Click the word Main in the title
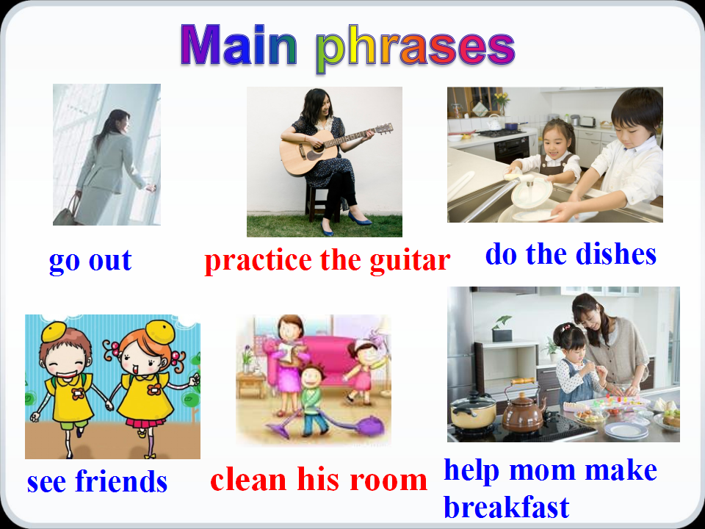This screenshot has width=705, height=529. tap(238, 45)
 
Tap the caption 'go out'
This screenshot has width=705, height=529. tap(90, 261)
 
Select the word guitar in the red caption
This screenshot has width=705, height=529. tap(410, 261)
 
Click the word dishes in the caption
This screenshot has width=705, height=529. tap(616, 255)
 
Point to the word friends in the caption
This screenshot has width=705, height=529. tap(121, 481)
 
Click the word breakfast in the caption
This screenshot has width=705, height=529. tap(506, 507)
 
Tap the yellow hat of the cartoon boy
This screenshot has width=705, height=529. tap(54, 331)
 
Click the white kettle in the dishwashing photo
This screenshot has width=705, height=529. tap(494, 122)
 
